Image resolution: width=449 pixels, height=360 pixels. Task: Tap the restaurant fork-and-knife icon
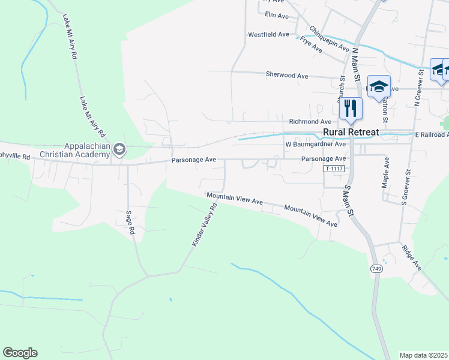click(350, 108)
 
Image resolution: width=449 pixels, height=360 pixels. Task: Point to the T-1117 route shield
click(334, 169)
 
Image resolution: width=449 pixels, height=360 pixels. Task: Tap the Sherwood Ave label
click(287, 76)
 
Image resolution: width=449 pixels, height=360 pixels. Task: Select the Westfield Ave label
click(268, 34)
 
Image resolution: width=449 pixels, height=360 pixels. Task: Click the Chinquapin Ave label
click(329, 38)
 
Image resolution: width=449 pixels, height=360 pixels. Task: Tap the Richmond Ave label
click(310, 121)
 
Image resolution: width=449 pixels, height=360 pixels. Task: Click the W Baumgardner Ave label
click(315, 144)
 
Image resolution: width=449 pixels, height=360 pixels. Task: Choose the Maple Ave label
click(386, 172)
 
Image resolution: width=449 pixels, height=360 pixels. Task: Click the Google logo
click(20, 353)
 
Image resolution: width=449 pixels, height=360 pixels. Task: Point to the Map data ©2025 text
click(423, 355)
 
